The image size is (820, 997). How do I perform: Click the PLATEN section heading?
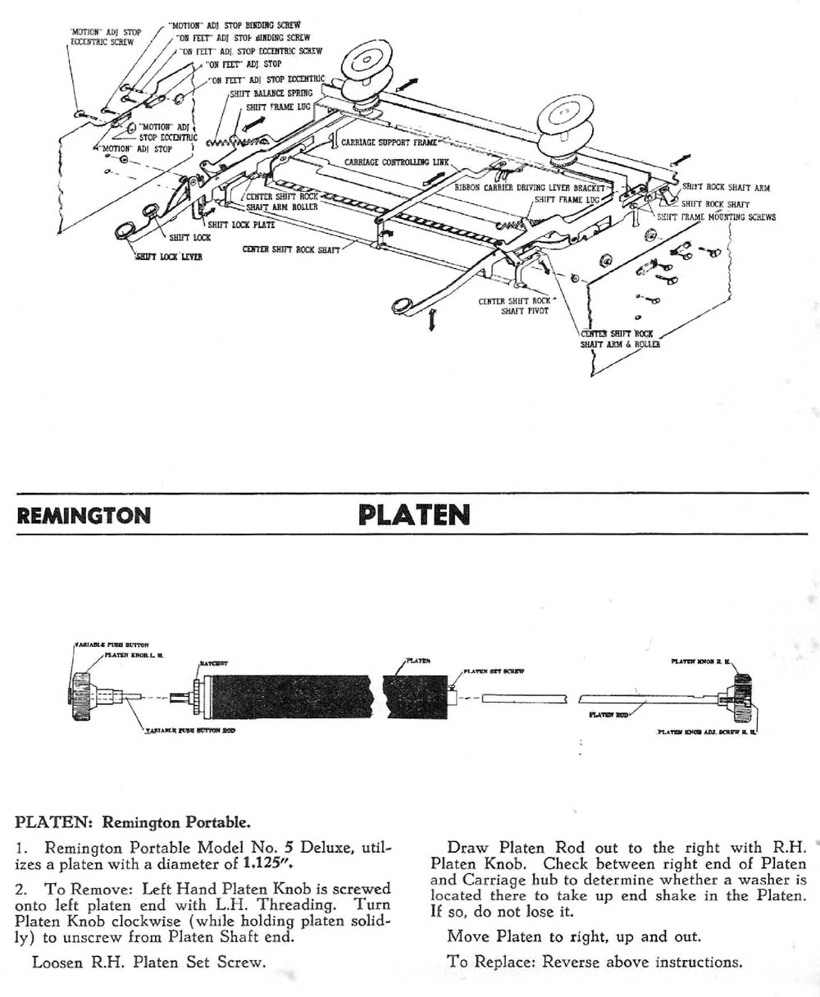(414, 515)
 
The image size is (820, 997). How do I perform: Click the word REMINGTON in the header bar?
(84, 516)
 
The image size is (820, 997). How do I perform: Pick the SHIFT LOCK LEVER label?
(169, 257)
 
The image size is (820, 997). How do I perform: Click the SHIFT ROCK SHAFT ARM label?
(726, 188)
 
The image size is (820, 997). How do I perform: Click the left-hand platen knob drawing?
(84, 696)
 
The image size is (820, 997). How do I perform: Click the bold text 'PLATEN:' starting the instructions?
(56, 822)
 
